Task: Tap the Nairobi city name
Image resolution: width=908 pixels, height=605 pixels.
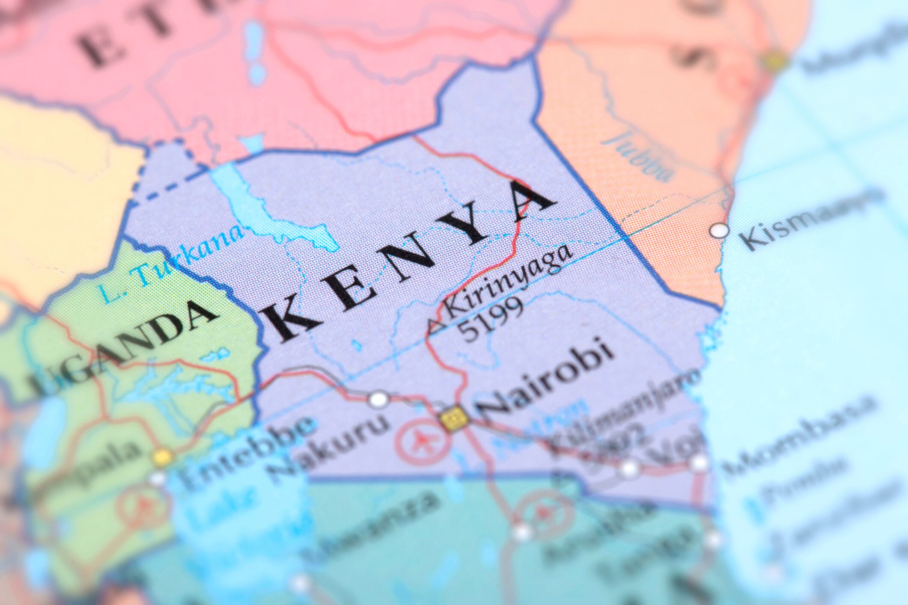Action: coord(546,379)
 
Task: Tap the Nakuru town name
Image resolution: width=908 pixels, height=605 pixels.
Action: coord(327,445)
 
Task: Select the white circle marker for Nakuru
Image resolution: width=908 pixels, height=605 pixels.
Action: coord(378,400)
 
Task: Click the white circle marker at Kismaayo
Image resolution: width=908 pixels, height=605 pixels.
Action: coord(719,231)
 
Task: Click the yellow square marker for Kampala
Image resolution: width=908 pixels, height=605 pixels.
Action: coord(163,457)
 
